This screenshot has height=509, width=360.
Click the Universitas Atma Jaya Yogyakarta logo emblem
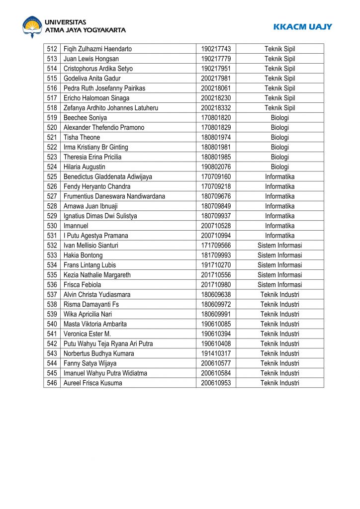(x=32, y=27)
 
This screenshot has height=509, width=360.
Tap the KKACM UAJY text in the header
(x=302, y=27)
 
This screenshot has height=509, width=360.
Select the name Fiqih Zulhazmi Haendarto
(x=97, y=49)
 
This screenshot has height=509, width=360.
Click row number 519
(x=52, y=118)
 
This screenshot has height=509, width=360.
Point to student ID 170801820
(x=216, y=118)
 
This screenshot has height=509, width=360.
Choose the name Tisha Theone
(x=82, y=137)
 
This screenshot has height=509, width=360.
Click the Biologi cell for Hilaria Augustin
(x=279, y=167)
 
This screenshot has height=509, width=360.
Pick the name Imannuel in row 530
(x=76, y=226)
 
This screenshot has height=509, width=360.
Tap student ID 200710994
(x=216, y=236)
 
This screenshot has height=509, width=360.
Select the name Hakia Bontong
(x=83, y=255)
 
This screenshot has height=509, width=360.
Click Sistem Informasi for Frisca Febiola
(x=279, y=285)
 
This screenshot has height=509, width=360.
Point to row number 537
(x=52, y=294)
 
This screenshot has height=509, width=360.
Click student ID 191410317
(x=216, y=353)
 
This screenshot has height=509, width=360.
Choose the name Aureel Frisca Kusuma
(x=92, y=383)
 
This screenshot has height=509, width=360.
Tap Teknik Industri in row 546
(x=279, y=383)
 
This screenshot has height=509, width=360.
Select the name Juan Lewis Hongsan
(x=91, y=59)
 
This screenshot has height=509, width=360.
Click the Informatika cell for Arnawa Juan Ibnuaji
(x=279, y=206)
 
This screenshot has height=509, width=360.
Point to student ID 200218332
(x=216, y=108)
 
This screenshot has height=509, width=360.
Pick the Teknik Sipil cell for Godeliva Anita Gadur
(x=279, y=78)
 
